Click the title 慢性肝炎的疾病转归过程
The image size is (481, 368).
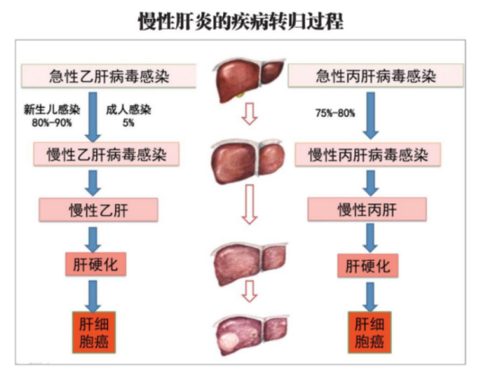coord(241,22)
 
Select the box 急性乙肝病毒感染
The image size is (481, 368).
coord(109,76)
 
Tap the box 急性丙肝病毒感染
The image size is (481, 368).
coord(376,76)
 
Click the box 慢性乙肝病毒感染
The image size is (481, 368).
coord(106,154)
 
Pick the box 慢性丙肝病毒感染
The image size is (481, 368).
coord(368,155)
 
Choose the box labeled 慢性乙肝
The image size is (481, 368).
coord(99,210)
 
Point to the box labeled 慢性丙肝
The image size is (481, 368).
coord(367,210)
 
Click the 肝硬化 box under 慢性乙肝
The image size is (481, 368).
coord(95,265)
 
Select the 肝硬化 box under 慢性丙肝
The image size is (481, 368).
coord(368,265)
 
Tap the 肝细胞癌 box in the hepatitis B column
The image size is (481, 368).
coord(94,332)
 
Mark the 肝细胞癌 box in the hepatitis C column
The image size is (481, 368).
coord(370,332)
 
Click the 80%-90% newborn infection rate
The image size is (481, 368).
coord(52,122)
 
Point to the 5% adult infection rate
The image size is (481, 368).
coord(129,122)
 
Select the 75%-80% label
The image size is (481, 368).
coord(335,113)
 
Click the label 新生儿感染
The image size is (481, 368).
coord(52,110)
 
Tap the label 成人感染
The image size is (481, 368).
coord(129,110)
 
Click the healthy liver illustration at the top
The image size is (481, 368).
coord(248,80)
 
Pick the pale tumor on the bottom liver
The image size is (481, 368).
coord(229,342)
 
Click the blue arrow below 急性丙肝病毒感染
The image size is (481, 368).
coord(370,116)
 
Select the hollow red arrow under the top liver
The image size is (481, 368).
coord(249,114)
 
